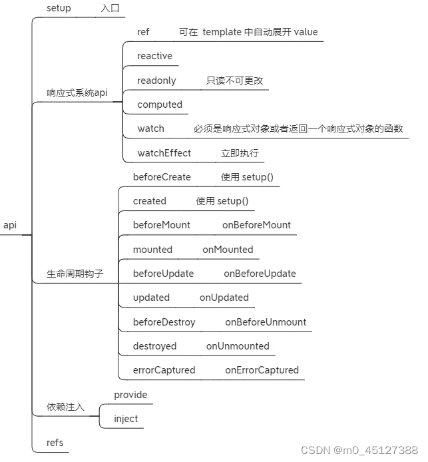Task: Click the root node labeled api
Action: point(10,225)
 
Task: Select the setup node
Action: point(59,8)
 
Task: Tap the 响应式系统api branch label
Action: point(77,93)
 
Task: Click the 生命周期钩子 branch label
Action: point(75,274)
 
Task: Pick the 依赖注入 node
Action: point(65,407)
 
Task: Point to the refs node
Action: point(55,443)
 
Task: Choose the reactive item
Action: point(154,56)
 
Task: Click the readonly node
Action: point(156,81)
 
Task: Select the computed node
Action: point(160,105)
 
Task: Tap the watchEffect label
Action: point(164,153)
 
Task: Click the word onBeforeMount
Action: point(256,225)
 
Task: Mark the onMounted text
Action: point(228,250)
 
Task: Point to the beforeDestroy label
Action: point(164,322)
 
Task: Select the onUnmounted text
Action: point(238,346)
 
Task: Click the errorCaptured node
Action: point(164,370)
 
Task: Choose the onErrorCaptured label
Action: point(262,370)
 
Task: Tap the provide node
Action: point(130,395)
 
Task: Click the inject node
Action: point(126,419)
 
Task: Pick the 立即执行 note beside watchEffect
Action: point(240,153)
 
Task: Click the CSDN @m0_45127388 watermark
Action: point(359,451)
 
